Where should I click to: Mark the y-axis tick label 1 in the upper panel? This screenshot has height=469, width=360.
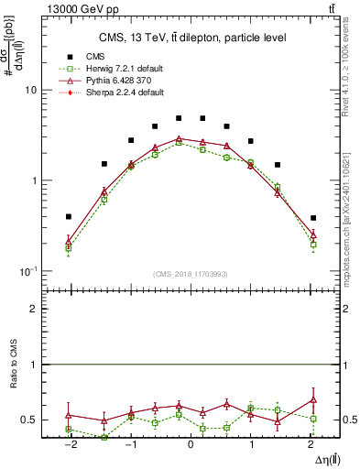(34, 181)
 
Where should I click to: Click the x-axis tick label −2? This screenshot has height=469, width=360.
(68, 444)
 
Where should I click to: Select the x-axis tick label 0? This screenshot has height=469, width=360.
(191, 444)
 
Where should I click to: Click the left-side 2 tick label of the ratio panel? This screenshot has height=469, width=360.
(34, 310)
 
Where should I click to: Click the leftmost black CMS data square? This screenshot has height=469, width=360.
(69, 217)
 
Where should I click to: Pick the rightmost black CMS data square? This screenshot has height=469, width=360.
(313, 218)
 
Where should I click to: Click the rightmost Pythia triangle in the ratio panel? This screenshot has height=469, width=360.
(313, 399)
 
